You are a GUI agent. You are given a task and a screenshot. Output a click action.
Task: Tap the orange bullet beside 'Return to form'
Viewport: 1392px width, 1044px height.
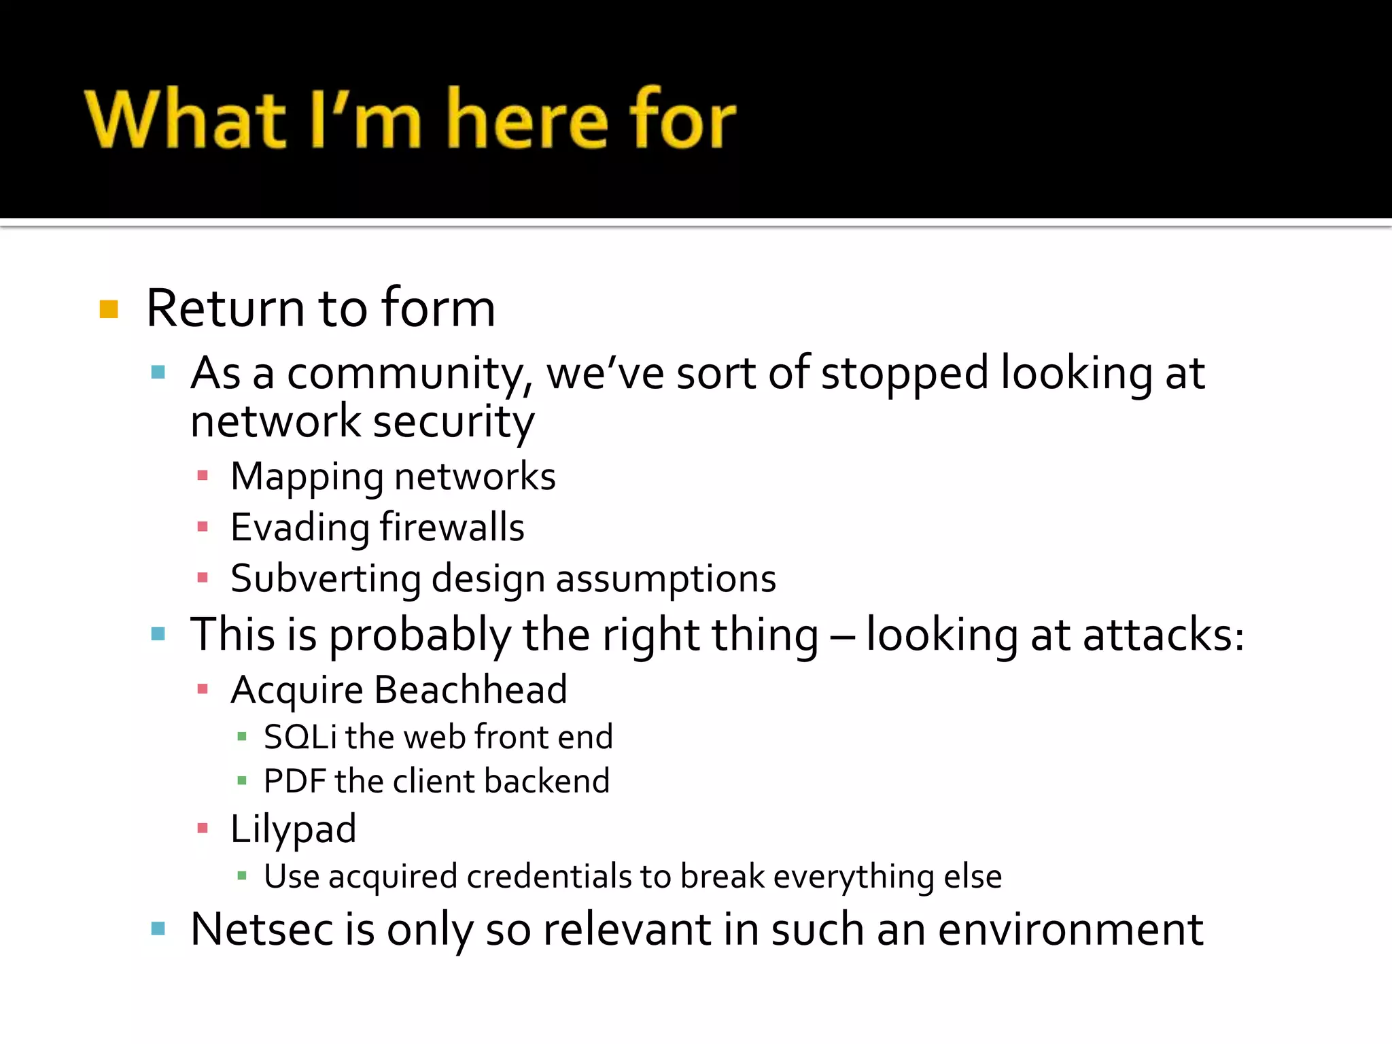click(109, 309)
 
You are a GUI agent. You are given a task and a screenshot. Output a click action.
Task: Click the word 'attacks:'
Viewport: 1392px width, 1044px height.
click(1163, 635)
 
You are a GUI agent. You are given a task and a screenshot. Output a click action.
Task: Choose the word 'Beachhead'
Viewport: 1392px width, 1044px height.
click(470, 691)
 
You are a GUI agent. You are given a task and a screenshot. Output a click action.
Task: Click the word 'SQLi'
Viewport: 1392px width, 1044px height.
click(300, 737)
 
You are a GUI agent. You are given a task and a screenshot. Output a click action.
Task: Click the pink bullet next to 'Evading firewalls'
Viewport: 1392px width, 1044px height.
click(202, 527)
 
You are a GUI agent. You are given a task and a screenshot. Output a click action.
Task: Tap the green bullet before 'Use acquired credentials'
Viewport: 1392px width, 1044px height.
click(241, 875)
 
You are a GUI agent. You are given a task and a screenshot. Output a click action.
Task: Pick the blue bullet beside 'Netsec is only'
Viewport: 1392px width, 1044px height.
click(158, 928)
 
